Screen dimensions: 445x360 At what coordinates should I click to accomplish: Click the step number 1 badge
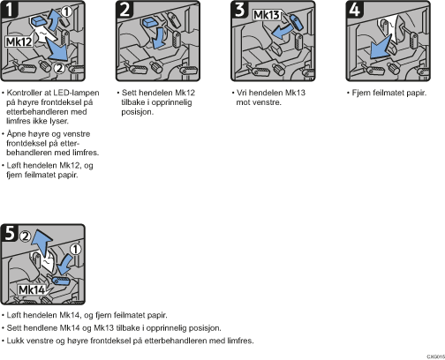click(10, 9)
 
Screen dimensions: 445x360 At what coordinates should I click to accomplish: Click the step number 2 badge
click(125, 9)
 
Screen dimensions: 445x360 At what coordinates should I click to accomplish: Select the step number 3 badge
click(240, 9)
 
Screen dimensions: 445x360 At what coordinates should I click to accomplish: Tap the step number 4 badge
click(355, 9)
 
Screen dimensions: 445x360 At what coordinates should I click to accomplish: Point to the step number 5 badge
click(10, 233)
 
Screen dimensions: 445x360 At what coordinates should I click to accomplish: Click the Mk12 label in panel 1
click(19, 41)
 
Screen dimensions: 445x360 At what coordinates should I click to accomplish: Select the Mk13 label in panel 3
click(267, 15)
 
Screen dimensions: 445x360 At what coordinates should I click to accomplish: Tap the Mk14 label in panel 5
click(32, 290)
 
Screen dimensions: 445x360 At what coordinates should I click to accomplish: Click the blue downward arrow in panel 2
click(159, 38)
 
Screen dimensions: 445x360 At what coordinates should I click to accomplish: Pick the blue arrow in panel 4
click(381, 47)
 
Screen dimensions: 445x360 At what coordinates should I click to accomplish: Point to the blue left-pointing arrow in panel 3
click(282, 32)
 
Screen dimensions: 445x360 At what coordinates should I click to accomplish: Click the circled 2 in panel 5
click(26, 236)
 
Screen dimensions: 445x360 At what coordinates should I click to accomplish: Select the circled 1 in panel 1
click(67, 11)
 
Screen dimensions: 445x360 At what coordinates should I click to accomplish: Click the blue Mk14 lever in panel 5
click(60, 281)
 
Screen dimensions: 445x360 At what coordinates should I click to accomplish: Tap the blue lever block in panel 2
click(150, 22)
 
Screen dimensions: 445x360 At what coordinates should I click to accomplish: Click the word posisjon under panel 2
click(138, 112)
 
